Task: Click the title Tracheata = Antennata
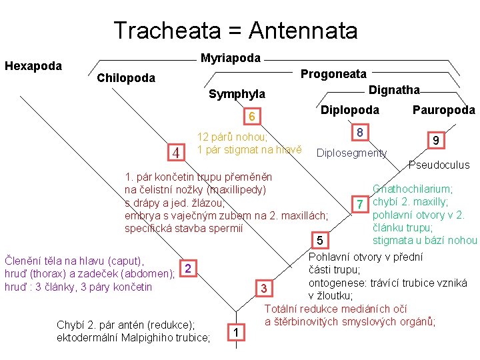(235, 30)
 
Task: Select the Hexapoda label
(33, 66)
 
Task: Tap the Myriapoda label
(231, 58)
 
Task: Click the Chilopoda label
(126, 78)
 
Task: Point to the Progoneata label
(333, 74)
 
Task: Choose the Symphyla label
(237, 94)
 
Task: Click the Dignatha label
(395, 89)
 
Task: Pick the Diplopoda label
(350, 110)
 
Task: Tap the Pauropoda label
(443, 110)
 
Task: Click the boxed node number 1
(235, 332)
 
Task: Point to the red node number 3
(264, 289)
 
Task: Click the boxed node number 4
(177, 153)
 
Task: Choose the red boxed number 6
(251, 117)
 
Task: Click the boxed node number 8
(360, 133)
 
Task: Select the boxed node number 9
(435, 141)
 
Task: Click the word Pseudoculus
(439, 165)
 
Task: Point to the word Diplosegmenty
(351, 153)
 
